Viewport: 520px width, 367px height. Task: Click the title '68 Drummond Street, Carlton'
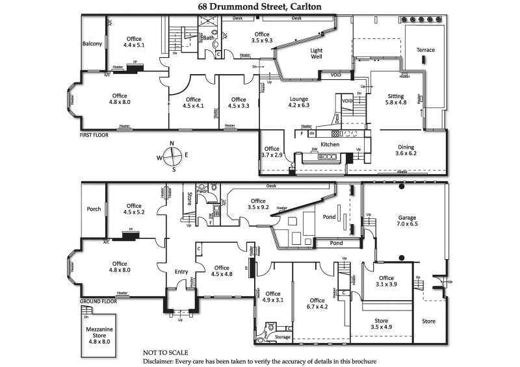tap(259, 6)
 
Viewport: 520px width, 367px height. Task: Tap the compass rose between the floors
tap(172, 156)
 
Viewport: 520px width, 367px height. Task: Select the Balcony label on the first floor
tap(92, 44)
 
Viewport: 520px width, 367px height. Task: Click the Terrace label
tap(426, 50)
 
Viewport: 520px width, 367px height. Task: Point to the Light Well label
tap(316, 54)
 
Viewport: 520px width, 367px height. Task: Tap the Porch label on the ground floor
tap(94, 209)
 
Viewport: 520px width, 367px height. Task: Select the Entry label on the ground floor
tap(181, 272)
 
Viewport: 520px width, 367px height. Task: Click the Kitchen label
tap(330, 144)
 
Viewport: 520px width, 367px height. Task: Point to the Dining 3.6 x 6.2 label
tap(405, 150)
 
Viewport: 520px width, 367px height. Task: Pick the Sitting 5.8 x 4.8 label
tap(395, 99)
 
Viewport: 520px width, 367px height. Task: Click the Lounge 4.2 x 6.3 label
tap(299, 102)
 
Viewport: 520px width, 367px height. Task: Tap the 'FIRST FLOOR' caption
tap(94, 135)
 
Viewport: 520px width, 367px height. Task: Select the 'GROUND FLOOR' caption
tap(98, 302)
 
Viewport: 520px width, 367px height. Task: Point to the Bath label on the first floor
tap(208, 38)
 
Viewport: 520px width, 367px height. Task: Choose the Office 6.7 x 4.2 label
tap(317, 304)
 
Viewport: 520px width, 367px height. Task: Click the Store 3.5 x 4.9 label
tap(382, 324)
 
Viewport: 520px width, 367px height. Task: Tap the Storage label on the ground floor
tap(283, 337)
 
